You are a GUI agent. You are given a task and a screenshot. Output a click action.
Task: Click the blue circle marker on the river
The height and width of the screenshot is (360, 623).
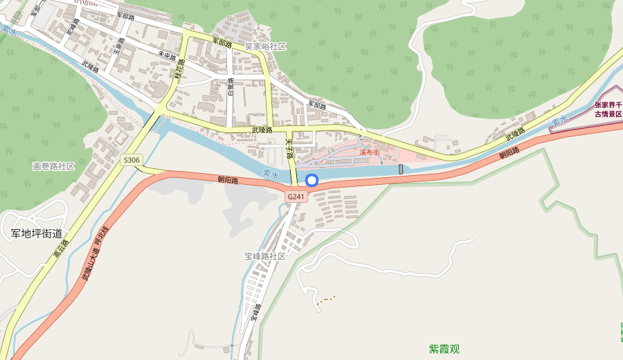click(311, 181)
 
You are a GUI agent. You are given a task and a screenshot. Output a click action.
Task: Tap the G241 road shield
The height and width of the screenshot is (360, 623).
click(296, 197)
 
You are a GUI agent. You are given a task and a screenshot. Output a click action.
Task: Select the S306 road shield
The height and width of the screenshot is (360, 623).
click(131, 160)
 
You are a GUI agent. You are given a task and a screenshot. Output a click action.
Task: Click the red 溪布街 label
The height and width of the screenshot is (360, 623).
click(369, 152)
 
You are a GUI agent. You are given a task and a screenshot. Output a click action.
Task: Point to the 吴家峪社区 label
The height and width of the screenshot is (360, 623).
click(265, 46)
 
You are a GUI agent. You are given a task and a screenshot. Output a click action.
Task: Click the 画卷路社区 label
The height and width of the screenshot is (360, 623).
click(53, 166)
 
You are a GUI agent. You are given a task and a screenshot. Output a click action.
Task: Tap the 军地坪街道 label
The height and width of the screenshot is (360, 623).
click(36, 234)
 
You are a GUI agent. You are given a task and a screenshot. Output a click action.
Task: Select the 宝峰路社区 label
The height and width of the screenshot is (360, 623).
click(264, 256)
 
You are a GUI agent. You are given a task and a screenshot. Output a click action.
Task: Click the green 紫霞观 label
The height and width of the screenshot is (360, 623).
click(444, 349)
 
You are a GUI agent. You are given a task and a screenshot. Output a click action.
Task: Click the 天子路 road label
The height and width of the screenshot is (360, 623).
click(290, 145)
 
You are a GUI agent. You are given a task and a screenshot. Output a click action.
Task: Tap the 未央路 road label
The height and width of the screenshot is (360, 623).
click(168, 55)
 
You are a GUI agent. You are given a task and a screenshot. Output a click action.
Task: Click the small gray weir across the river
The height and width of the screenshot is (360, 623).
click(401, 169)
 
